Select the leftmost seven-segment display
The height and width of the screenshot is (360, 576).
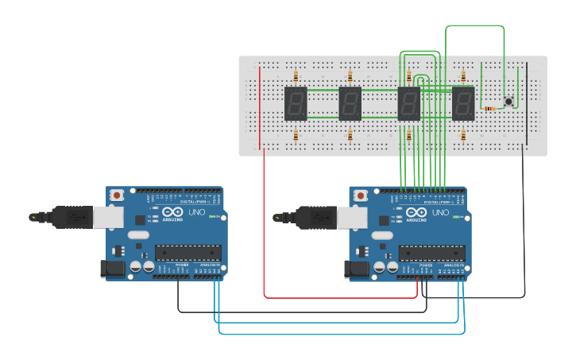(296, 103)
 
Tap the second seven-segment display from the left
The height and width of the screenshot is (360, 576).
(350, 103)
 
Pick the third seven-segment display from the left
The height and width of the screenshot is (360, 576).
(408, 103)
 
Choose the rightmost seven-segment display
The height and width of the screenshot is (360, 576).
(463, 103)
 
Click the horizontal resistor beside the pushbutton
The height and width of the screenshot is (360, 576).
(489, 108)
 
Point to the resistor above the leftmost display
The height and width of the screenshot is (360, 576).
(296, 77)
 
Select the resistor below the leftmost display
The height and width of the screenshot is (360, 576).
(296, 136)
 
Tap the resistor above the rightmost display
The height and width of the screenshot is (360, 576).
(463, 77)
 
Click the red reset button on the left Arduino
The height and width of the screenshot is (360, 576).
(118, 195)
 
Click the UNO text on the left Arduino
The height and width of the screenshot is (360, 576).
(195, 213)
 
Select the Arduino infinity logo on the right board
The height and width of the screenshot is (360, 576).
(416, 213)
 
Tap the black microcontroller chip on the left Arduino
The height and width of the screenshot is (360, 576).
(187, 253)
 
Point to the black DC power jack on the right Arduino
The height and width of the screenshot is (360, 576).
(358, 269)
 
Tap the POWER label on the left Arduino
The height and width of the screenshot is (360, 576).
(182, 265)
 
